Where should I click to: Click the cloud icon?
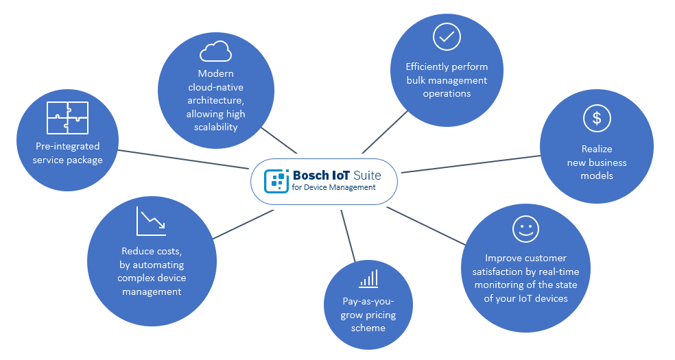[215, 51]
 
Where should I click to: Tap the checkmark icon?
[447, 36]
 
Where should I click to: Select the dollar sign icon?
[597, 119]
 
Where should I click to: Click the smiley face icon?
[525, 229]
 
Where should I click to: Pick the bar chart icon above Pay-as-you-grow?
[368, 278]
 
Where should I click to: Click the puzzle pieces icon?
[67, 117]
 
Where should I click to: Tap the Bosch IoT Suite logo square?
[276, 180]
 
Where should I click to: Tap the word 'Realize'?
[597, 149]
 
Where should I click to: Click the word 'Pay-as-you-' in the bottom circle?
[368, 302]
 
